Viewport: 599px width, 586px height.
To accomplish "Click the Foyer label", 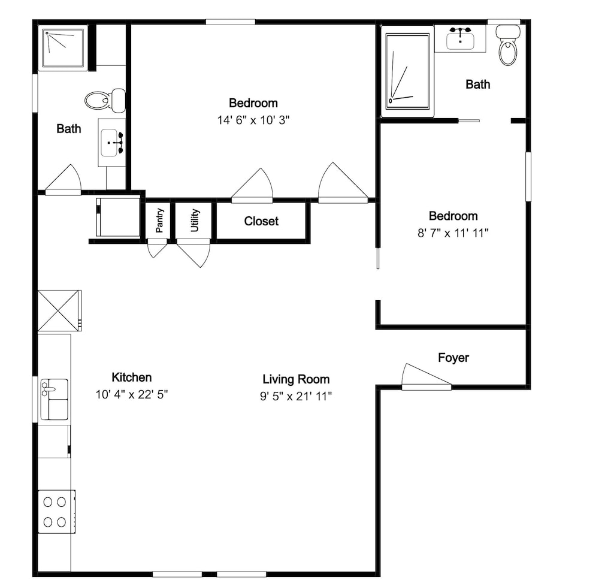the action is pyautogui.click(x=453, y=358).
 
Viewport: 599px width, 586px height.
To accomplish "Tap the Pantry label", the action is pyautogui.click(x=160, y=220).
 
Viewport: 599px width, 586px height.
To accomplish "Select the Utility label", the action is pyautogui.click(x=195, y=220).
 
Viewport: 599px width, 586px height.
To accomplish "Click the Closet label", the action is pyautogui.click(x=261, y=221).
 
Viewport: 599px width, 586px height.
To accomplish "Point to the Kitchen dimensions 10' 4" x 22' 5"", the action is pyautogui.click(x=132, y=394).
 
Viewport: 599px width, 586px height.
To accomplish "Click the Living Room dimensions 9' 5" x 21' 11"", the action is pyautogui.click(x=296, y=396).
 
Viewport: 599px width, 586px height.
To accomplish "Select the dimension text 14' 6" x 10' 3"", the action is pyautogui.click(x=253, y=120).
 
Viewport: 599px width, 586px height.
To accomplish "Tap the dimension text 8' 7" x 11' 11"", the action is pyautogui.click(x=453, y=232).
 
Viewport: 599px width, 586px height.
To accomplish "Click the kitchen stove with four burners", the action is pyautogui.click(x=56, y=512).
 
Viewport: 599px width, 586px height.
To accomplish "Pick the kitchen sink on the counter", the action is pyautogui.click(x=55, y=399).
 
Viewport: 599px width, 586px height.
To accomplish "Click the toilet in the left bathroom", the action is pyautogui.click(x=105, y=101).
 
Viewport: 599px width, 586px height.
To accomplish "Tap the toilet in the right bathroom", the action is pyautogui.click(x=508, y=45).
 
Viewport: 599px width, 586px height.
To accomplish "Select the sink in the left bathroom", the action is pyautogui.click(x=111, y=143).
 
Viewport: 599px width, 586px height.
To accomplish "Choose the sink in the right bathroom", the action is pyautogui.click(x=460, y=39).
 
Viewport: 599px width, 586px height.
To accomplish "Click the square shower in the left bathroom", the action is pyautogui.click(x=63, y=48).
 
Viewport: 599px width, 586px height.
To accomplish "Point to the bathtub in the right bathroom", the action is pyautogui.click(x=407, y=71).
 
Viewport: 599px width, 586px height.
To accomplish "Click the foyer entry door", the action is pyautogui.click(x=426, y=377).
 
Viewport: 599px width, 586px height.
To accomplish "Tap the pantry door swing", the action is pyautogui.click(x=157, y=248).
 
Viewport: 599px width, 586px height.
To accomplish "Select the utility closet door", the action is pyautogui.click(x=193, y=252).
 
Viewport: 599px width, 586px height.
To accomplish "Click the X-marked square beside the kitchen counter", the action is pyautogui.click(x=59, y=310).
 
